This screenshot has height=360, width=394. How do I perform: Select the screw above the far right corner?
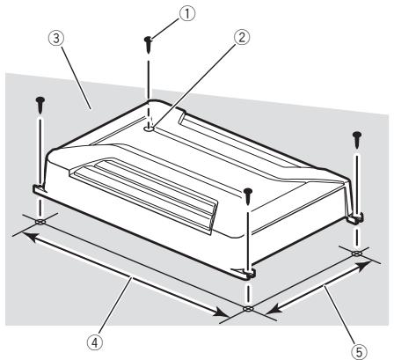click(357, 139)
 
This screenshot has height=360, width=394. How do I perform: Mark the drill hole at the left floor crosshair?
click(40, 222)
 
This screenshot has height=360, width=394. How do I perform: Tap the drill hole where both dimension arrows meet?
click(249, 310)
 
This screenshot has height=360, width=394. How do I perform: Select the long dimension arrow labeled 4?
click(132, 273)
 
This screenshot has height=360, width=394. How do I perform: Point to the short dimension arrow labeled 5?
click(310, 282)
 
